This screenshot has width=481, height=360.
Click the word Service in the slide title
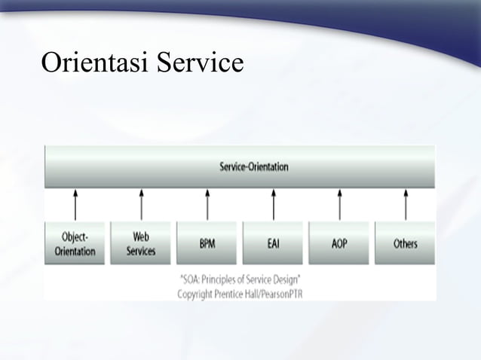(x=200, y=63)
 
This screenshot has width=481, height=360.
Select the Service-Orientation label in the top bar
(x=253, y=166)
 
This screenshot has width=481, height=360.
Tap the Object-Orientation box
(x=75, y=243)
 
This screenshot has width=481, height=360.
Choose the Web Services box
(x=141, y=243)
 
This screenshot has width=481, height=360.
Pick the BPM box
(x=207, y=243)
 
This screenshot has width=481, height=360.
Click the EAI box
(x=273, y=243)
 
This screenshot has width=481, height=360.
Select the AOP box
(x=339, y=243)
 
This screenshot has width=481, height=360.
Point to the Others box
(x=406, y=243)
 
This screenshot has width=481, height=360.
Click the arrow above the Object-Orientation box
(x=75, y=204)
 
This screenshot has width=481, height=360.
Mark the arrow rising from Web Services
(x=141, y=204)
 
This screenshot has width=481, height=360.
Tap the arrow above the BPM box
(x=207, y=204)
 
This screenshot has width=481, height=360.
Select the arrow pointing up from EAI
(x=273, y=204)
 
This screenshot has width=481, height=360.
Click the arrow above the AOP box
(x=339, y=204)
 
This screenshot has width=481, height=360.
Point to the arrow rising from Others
(x=406, y=204)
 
